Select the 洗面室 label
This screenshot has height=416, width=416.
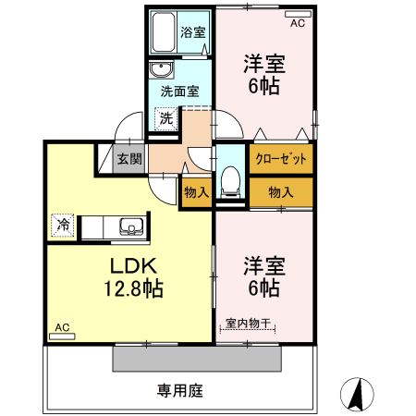click(x=179, y=92)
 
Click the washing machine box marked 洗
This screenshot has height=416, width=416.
click(x=165, y=117)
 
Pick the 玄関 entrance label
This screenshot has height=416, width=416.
click(x=128, y=158)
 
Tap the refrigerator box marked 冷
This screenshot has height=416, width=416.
click(x=63, y=224)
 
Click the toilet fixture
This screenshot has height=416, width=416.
click(x=231, y=176)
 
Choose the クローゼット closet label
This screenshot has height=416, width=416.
click(x=281, y=158)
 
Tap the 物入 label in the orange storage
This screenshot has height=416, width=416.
click(x=281, y=191)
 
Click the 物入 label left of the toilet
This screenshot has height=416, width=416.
click(x=195, y=191)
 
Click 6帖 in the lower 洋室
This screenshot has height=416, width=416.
click(x=263, y=289)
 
